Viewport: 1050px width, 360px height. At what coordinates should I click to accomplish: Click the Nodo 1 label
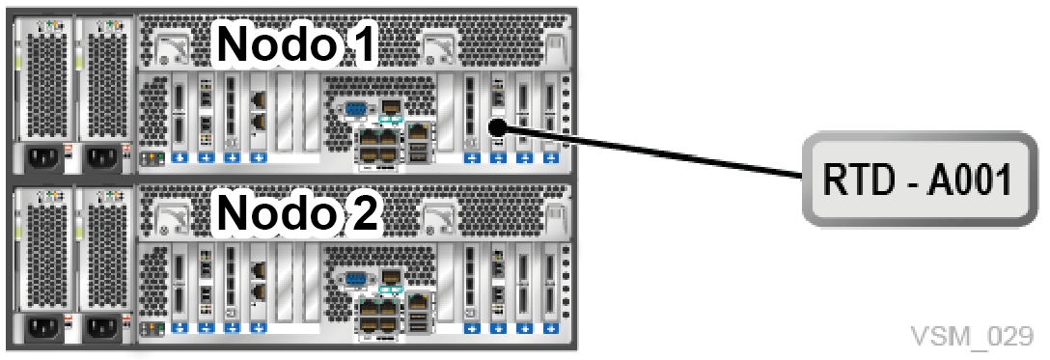tap(296, 44)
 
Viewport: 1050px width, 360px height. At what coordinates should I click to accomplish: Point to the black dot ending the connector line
tap(496, 125)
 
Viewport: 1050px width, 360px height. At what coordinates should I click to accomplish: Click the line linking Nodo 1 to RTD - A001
tap(649, 152)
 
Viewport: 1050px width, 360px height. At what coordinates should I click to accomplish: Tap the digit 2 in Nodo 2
tap(366, 212)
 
